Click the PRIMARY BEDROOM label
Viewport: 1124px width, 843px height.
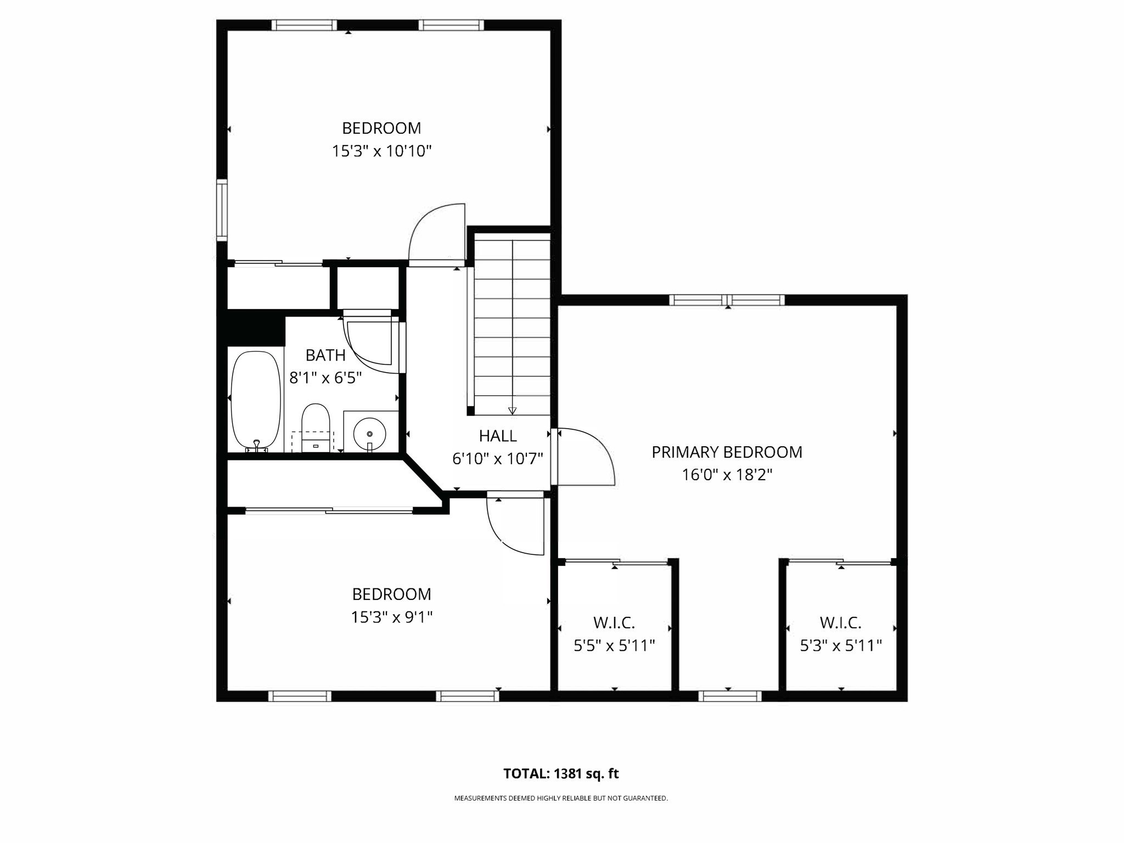(727, 452)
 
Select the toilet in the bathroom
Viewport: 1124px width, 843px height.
(316, 428)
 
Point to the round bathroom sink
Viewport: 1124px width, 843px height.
(369, 434)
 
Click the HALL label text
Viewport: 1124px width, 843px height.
(498, 436)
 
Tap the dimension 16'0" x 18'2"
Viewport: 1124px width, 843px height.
(727, 475)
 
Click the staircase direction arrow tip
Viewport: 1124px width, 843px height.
(513, 411)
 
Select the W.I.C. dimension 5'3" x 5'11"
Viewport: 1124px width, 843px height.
(840, 646)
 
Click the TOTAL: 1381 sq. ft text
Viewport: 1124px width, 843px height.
(561, 774)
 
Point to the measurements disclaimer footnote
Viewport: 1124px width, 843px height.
(561, 799)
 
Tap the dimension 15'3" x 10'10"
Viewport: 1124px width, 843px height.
(381, 151)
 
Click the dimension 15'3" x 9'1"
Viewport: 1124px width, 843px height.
(391, 617)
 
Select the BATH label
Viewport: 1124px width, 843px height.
(325, 356)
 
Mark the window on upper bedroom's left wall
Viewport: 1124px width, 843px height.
(222, 210)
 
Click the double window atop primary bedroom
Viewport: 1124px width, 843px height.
(727, 300)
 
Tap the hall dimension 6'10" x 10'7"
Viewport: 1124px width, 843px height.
(498, 459)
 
